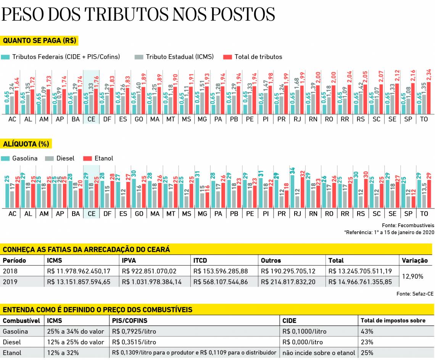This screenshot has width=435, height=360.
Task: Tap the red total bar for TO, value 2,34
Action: click(429, 98)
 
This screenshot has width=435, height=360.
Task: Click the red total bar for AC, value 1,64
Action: click(16, 102)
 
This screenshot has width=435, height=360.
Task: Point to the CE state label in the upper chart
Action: click(92, 119)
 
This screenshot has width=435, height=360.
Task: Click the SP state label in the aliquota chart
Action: click(408, 214)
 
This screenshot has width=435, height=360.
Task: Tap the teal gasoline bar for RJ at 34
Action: click(292, 192)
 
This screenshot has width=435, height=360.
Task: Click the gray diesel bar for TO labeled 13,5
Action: click(424, 202)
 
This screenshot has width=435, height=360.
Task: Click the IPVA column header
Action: click(129, 261)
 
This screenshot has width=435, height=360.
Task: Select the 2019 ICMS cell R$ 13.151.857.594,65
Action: click(78, 282)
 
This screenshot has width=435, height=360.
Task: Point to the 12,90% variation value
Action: click(412, 276)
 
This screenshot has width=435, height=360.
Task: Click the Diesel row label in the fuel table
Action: click(12, 342)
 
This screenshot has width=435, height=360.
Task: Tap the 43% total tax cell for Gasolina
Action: click(367, 331)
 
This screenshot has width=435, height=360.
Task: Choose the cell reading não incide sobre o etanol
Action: click(318, 353)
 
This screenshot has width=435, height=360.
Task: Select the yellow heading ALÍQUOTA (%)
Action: click(26, 144)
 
